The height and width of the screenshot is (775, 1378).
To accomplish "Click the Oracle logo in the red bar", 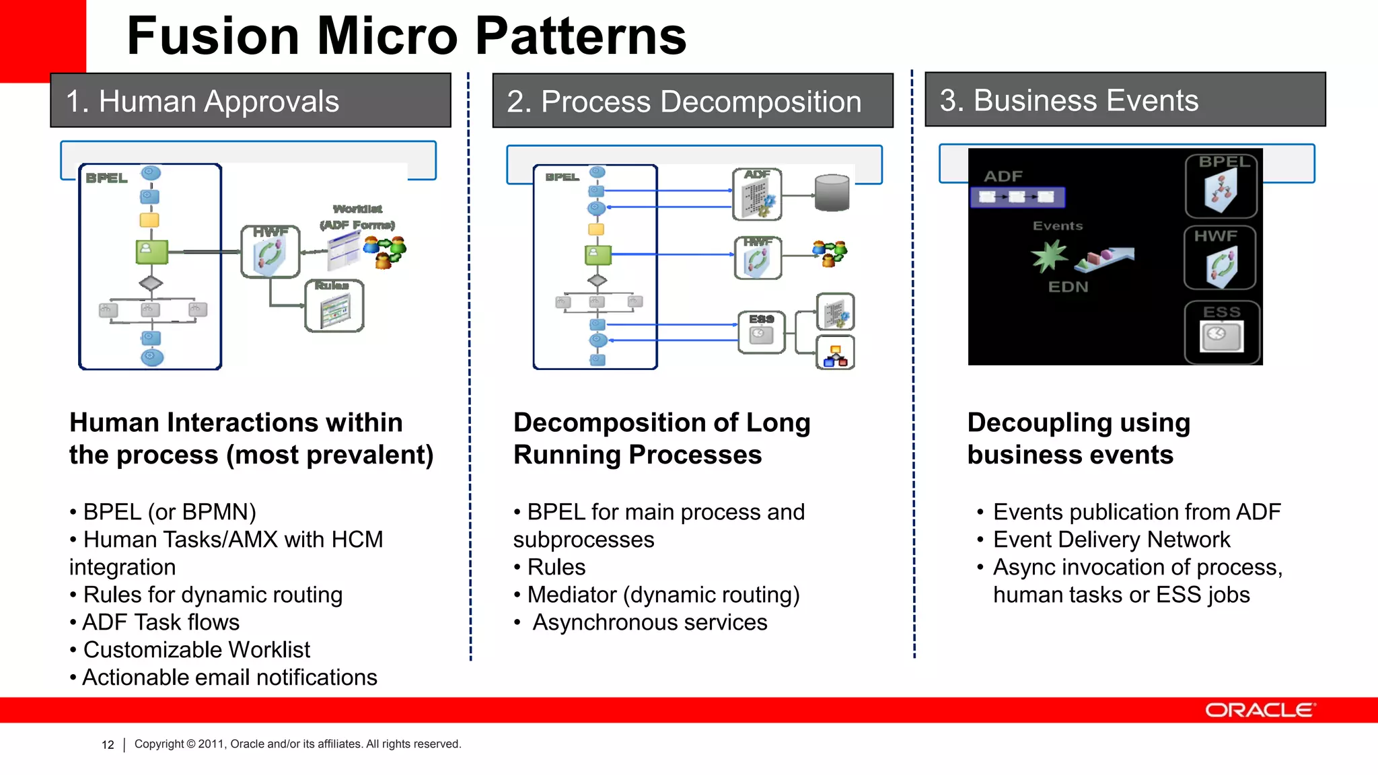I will click(1259, 710).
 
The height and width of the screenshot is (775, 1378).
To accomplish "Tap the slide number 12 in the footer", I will click(108, 745).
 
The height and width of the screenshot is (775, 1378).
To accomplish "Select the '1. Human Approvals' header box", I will click(250, 101).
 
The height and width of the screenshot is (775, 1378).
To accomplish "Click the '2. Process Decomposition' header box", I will click(692, 102).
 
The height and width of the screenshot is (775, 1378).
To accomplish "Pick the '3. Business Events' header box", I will click(1124, 100).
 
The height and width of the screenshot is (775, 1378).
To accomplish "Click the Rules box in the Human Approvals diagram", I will click(334, 307).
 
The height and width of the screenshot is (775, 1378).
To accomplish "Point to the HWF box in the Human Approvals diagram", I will click(270, 252).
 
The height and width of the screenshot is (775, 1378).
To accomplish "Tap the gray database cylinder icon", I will click(832, 193).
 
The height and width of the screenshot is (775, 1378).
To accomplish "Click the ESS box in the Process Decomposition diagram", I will click(761, 332).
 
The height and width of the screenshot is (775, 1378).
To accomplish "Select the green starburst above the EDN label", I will click(1048, 256).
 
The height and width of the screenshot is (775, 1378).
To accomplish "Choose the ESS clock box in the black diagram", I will click(1222, 332).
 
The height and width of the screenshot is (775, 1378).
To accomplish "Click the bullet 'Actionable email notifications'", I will click(229, 677).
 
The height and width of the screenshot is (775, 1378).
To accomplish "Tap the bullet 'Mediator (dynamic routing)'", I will click(663, 595).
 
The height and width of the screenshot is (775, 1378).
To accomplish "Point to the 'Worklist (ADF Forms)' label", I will click(357, 217).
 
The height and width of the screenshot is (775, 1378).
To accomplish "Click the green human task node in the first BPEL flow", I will click(152, 252).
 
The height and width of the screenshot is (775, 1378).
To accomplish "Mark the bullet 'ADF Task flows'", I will click(160, 622).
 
